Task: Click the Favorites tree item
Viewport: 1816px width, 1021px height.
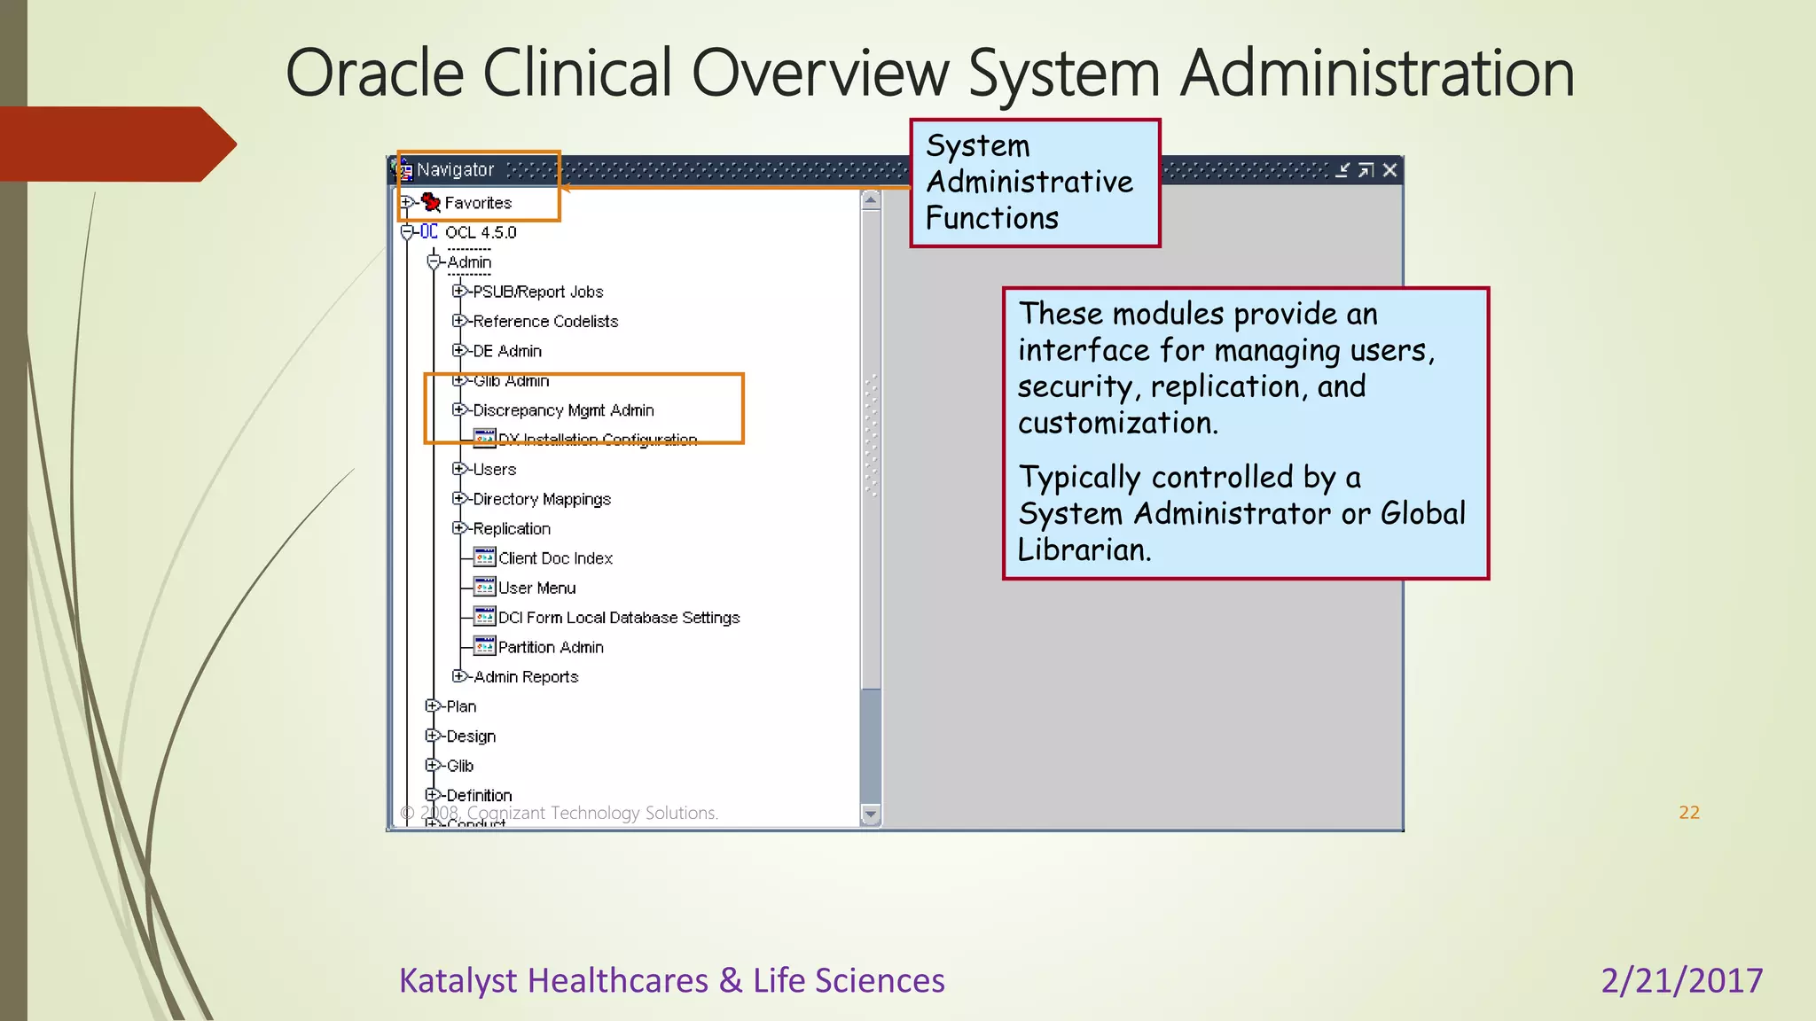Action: (478, 203)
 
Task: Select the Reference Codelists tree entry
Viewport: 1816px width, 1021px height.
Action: (544, 322)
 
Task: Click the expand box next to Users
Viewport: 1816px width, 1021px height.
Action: (458, 469)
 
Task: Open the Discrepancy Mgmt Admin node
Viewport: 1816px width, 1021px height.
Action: (563, 410)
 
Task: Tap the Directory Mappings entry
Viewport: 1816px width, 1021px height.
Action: (541, 499)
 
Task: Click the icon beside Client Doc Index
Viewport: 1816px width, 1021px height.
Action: (484, 557)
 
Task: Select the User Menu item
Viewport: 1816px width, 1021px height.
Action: (536, 588)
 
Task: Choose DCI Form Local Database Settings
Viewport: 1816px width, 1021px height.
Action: (618, 618)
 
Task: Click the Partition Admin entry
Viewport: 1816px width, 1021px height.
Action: (550, 647)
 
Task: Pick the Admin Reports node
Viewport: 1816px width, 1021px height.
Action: (525, 677)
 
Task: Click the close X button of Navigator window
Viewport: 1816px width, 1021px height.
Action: (1389, 170)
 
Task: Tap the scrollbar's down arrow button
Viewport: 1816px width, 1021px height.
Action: (871, 814)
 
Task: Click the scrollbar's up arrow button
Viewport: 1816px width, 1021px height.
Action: (871, 200)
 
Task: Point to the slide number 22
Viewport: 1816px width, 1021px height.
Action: (1689, 812)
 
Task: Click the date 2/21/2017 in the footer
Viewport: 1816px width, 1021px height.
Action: (1681, 980)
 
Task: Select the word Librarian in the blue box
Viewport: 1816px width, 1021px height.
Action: (1083, 549)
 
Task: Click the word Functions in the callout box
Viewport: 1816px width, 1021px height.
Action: (991, 218)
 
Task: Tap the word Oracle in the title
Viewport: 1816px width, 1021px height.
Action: (374, 73)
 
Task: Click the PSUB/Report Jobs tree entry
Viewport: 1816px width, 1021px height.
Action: (537, 292)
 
